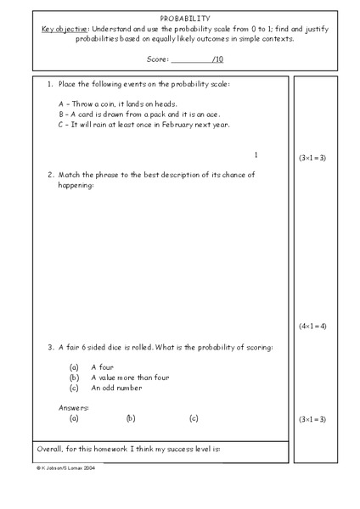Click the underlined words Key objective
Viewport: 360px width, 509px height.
pos(65,29)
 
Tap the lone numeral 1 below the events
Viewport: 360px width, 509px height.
pos(256,155)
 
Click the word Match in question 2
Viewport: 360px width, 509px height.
pos(71,175)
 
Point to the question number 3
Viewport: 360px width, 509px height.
pos(50,347)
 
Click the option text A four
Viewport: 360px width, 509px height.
pos(103,367)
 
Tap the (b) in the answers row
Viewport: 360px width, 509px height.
pos(131,418)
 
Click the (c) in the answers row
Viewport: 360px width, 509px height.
pos(194,418)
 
